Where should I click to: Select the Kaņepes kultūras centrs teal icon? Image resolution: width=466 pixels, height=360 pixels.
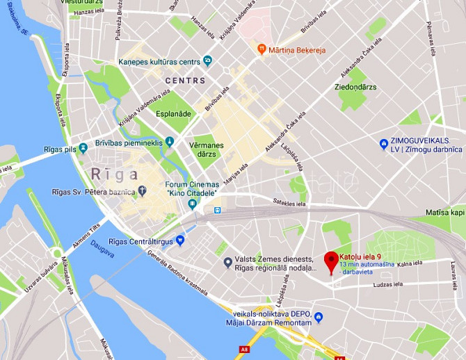coord(207,61)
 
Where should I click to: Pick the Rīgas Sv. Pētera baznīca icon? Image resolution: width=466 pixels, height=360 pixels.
coord(143,190)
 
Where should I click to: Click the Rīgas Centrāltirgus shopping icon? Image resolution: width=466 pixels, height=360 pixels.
coord(180,240)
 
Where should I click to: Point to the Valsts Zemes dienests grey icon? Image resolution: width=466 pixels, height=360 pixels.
coord(227,262)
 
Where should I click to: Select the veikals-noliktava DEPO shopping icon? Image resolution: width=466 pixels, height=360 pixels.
coord(319,318)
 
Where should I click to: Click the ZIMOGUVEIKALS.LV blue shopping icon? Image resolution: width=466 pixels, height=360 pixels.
coord(383,144)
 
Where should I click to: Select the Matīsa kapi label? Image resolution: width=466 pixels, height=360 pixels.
coord(446,211)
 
